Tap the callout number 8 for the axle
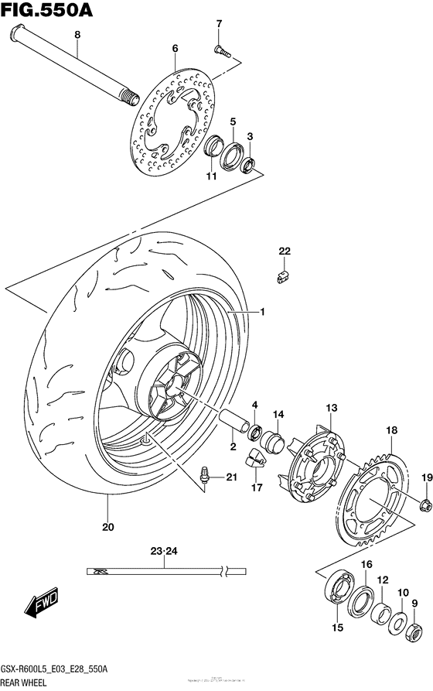77,35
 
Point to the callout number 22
284,251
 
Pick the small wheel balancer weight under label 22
283,273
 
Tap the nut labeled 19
424,505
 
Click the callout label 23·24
165,552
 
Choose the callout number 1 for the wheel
261,312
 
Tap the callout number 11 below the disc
210,177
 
